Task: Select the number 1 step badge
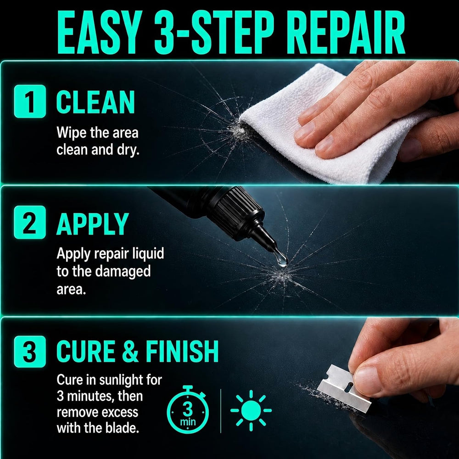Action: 30,101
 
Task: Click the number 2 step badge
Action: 30,222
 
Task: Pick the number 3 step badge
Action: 30,352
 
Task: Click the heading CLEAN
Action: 95,102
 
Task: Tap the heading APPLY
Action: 93,224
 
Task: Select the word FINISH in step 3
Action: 182,351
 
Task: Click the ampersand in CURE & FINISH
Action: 130,351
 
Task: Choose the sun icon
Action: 251,410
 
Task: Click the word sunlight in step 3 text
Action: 123,380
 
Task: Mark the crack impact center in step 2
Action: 281,275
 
